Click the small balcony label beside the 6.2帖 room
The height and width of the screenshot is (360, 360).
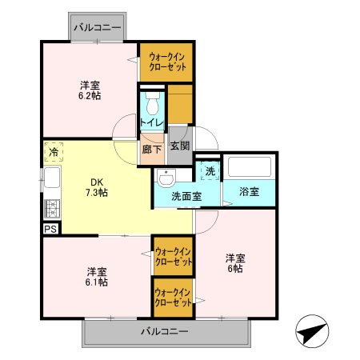coord(97,27)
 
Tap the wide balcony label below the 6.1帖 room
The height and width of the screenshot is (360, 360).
coord(165,330)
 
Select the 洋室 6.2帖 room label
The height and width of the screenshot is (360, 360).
coord(90,90)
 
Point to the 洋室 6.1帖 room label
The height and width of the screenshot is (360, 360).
coord(97,275)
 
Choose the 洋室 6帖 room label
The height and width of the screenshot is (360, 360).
coord(234,263)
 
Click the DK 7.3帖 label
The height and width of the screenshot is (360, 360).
coord(98,186)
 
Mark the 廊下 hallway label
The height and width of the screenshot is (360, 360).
coord(150,149)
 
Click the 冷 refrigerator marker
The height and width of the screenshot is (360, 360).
coord(53,151)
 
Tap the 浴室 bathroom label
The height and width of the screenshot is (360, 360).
coord(250,192)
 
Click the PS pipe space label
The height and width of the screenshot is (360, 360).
coord(50,228)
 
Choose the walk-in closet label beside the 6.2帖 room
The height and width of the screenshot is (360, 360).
coord(166,62)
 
